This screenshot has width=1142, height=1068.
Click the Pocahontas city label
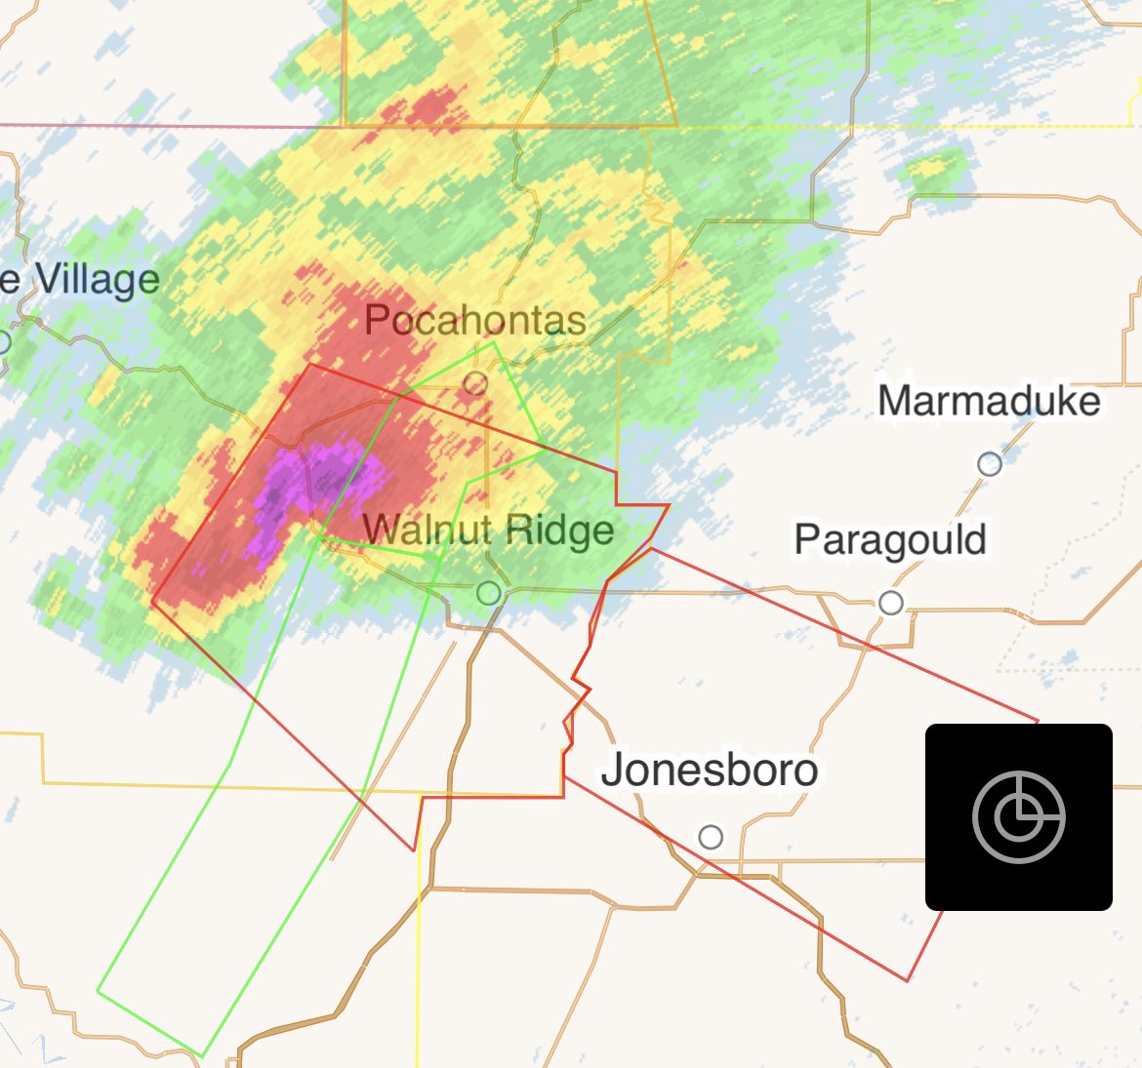click(x=474, y=320)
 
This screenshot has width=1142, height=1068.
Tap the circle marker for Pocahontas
click(x=475, y=383)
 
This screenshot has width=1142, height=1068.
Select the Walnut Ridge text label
click(x=488, y=531)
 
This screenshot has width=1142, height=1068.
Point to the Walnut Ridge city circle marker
click(x=488, y=592)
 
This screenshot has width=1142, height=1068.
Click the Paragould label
click(x=890, y=540)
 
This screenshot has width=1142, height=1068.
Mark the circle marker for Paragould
click(x=890, y=603)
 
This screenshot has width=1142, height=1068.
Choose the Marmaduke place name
click(x=989, y=401)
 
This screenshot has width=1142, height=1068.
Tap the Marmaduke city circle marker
click(x=990, y=464)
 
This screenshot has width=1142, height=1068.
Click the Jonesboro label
click(x=710, y=770)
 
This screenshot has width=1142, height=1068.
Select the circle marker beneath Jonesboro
click(x=711, y=837)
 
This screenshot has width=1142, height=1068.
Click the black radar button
click(x=1018, y=817)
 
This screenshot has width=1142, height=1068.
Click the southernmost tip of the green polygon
click(x=201, y=1055)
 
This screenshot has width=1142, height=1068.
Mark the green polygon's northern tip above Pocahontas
click(x=495, y=342)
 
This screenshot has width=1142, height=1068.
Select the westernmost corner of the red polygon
click(x=152, y=601)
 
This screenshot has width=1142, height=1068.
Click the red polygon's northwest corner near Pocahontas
click(x=309, y=365)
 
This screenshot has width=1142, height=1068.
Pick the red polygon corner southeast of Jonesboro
click(x=908, y=979)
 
